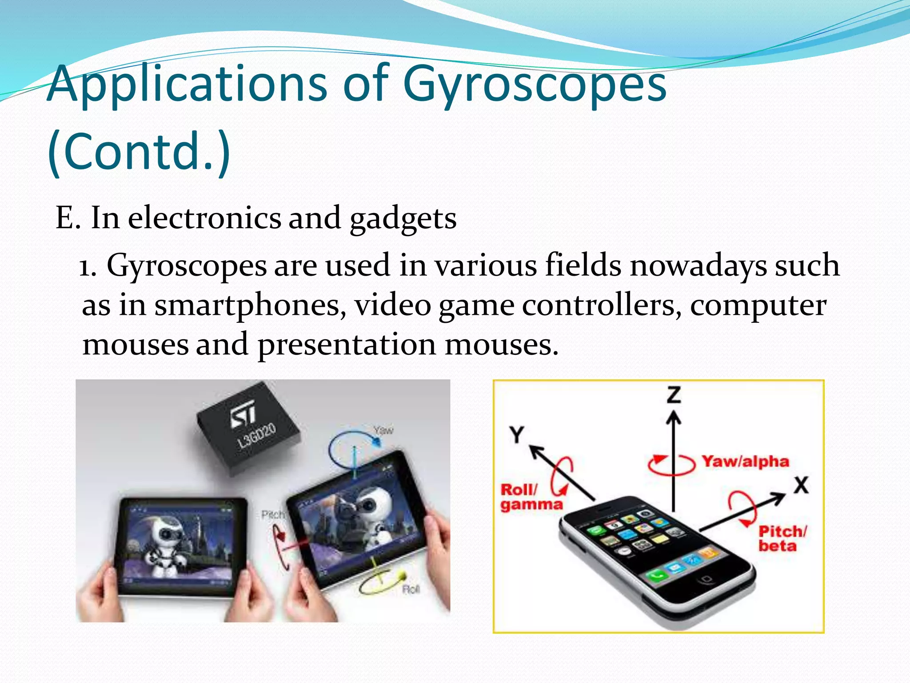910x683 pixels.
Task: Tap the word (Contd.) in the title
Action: click(139, 151)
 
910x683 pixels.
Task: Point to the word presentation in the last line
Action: click(347, 345)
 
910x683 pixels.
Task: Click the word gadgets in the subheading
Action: click(403, 219)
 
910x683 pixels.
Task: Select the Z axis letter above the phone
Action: click(674, 395)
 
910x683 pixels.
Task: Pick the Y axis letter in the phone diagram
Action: click(517, 434)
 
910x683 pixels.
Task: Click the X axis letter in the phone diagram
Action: click(801, 485)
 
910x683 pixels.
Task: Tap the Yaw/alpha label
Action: click(745, 462)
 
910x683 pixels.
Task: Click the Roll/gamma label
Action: click(531, 497)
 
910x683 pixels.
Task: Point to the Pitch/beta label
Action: click(782, 538)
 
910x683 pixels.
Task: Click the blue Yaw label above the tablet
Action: click(383, 430)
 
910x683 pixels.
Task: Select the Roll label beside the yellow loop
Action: click(411, 590)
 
